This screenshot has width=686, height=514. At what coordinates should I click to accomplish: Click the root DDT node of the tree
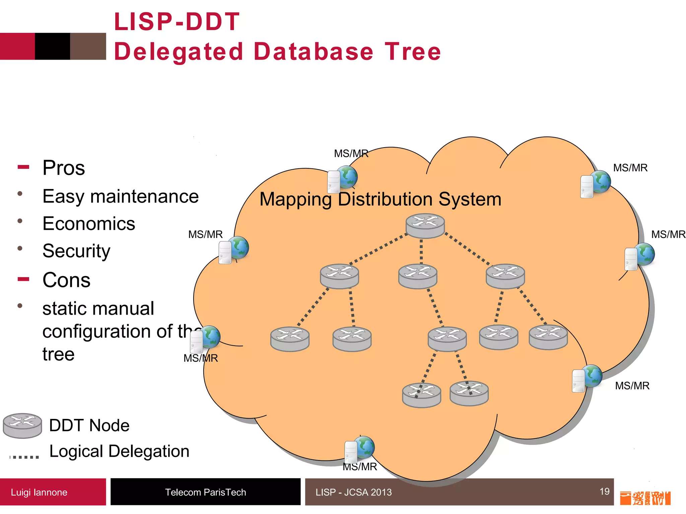tap(425, 226)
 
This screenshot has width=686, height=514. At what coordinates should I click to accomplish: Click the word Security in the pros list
tap(76, 251)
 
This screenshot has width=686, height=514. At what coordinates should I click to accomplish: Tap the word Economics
tap(89, 224)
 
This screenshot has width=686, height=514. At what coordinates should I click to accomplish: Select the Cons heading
tap(66, 280)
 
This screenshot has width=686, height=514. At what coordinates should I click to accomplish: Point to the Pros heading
tap(64, 168)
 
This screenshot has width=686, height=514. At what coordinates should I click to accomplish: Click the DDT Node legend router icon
tap(22, 425)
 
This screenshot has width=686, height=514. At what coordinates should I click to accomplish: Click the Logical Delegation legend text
tap(119, 451)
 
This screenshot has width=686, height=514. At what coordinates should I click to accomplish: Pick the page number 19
tap(604, 491)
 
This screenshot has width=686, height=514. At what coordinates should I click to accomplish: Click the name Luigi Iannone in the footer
tap(39, 492)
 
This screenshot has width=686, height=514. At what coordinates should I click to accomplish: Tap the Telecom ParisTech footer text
tap(205, 492)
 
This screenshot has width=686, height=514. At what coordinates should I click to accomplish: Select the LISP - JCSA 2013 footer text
tap(353, 492)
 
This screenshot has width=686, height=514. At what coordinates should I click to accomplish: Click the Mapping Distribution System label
tap(380, 199)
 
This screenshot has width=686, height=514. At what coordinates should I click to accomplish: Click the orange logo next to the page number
tap(645, 498)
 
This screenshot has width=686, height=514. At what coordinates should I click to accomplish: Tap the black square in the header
tap(53, 46)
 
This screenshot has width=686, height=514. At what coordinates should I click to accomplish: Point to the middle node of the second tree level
tap(418, 276)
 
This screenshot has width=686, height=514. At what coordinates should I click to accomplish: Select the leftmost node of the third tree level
tap(290, 339)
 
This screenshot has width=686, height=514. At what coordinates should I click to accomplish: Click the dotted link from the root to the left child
tap(379, 249)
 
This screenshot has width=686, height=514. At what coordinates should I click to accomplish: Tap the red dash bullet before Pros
tap(23, 167)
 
